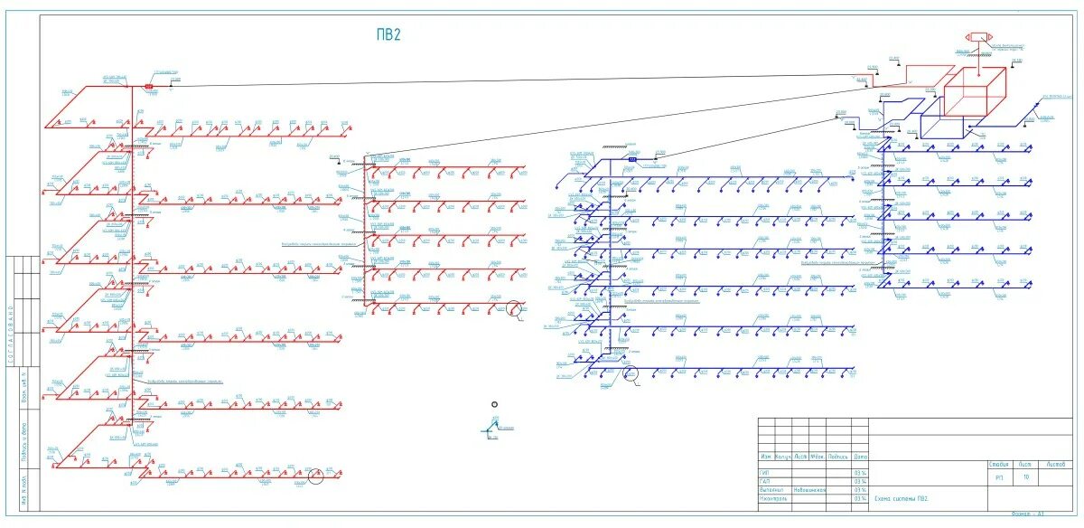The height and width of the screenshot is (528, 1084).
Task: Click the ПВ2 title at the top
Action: click(x=388, y=35)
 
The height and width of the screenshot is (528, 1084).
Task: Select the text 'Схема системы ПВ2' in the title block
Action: click(x=901, y=498)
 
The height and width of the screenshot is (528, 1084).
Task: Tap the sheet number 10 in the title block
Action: click(x=1026, y=477)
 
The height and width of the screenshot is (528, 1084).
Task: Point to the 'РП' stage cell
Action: click(x=1000, y=477)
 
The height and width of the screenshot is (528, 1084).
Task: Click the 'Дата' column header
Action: click(x=860, y=457)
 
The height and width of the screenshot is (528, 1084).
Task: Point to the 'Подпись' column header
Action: click(x=837, y=457)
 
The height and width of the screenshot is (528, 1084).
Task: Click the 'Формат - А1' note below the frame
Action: click(x=1027, y=514)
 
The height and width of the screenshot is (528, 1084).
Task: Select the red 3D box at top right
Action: click(x=976, y=92)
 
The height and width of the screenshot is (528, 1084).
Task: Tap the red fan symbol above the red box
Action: click(x=977, y=37)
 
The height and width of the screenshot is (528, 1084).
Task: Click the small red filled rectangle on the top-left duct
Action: click(x=150, y=87)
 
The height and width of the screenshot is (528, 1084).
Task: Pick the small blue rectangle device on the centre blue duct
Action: click(x=632, y=159)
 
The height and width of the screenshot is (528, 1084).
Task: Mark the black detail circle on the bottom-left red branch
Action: click(x=315, y=476)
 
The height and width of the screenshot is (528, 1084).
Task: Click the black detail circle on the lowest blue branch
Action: click(x=631, y=372)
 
